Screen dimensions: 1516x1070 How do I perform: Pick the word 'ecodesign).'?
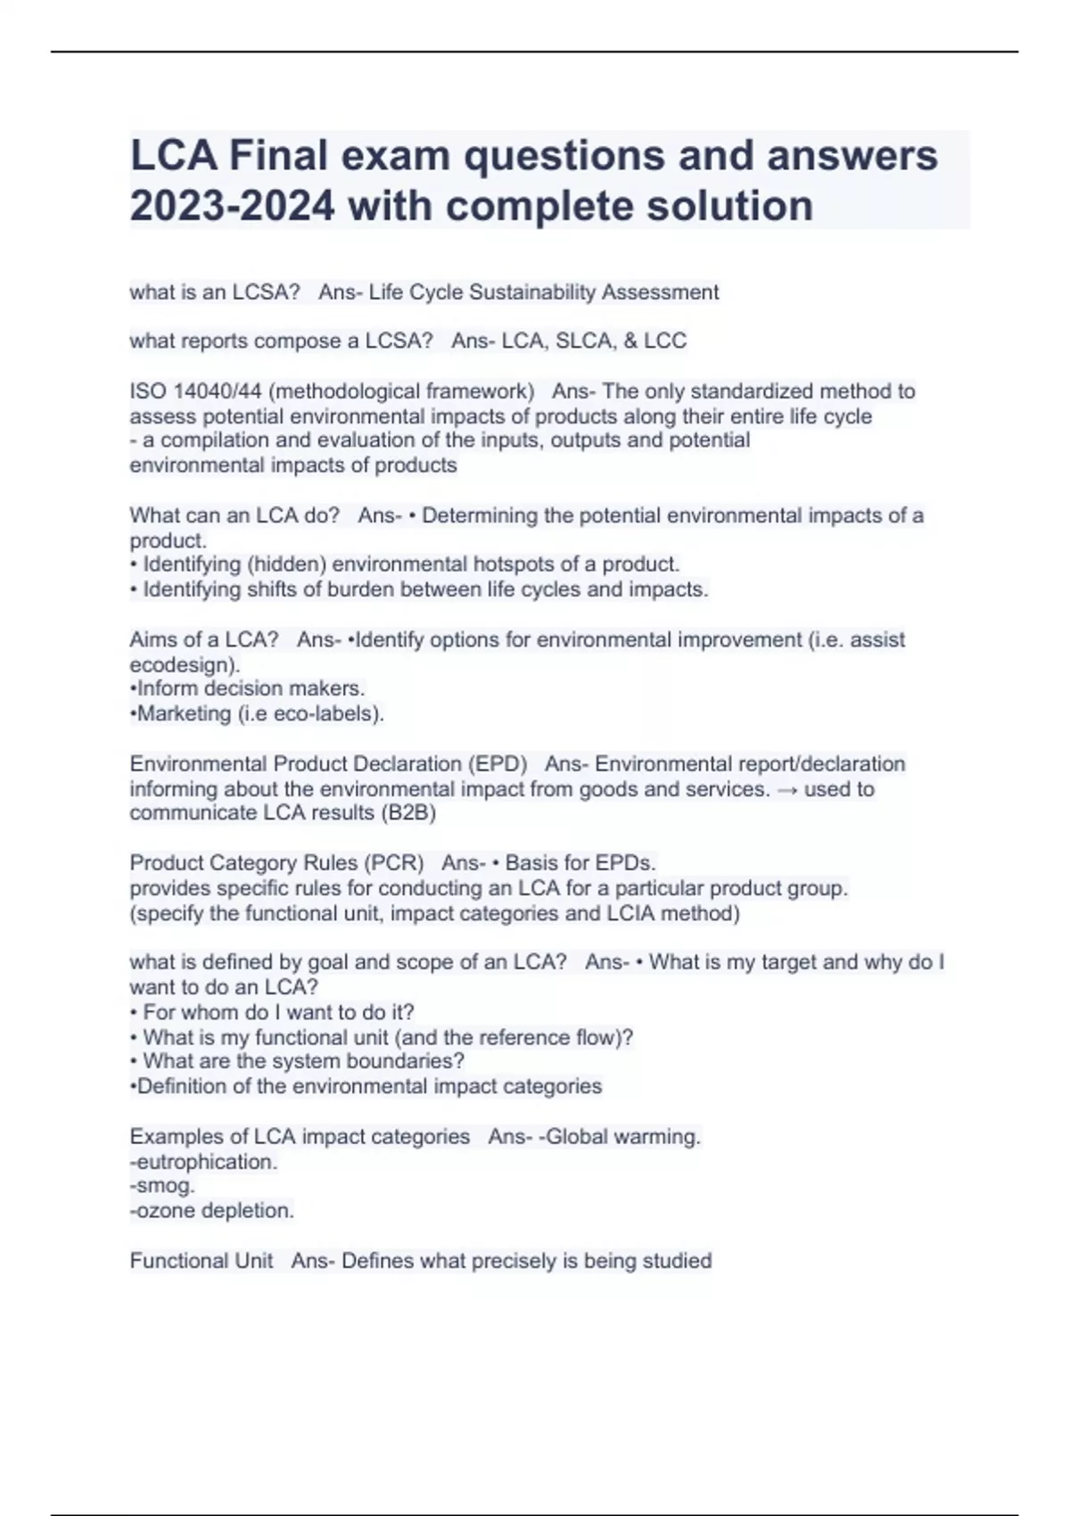point(185,664)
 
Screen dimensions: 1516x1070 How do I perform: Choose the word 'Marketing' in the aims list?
point(185,713)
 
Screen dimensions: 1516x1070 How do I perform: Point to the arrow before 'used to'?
point(786,789)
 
